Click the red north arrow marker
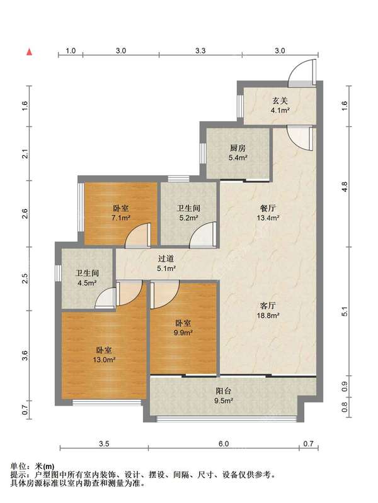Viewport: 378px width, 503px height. tap(29, 52)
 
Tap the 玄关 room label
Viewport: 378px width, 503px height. tap(280, 101)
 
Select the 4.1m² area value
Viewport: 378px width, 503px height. tap(280, 111)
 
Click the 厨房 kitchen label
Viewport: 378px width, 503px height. tap(238, 148)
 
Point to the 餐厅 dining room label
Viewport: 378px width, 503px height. tap(268, 208)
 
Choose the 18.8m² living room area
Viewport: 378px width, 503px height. tap(268, 316)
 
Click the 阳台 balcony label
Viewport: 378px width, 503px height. tap(224, 391)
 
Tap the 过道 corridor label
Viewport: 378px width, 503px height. tap(166, 258)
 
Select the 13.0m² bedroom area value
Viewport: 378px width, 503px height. tap(104, 360)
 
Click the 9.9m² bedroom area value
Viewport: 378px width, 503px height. tap(183, 333)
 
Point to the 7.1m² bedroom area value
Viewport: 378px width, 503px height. tap(121, 218)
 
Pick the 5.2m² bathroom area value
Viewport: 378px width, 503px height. tap(188, 218)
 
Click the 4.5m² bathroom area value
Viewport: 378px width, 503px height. tap(87, 283)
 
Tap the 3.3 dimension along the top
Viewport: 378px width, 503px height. tap(200, 50)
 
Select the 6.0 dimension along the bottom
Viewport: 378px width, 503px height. tap(224, 444)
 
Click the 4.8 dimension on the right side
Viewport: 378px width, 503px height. tap(345, 187)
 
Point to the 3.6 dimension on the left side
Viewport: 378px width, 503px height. tap(25, 355)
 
